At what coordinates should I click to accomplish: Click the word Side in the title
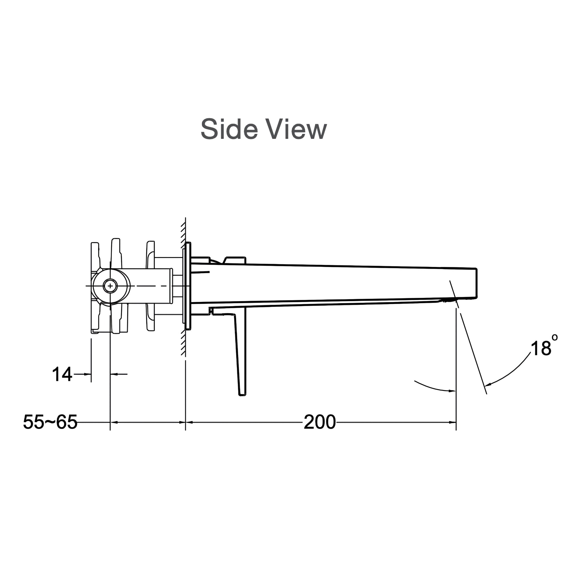(x=229, y=129)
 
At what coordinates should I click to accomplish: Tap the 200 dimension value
(x=319, y=422)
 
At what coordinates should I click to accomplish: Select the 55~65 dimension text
(x=50, y=422)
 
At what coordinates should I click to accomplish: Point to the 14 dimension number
(x=62, y=374)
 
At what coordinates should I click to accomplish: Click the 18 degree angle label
(x=541, y=349)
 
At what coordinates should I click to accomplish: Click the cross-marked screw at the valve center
(x=110, y=286)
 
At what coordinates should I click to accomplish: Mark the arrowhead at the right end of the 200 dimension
(x=453, y=422)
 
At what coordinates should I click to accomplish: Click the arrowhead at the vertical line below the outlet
(x=452, y=391)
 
